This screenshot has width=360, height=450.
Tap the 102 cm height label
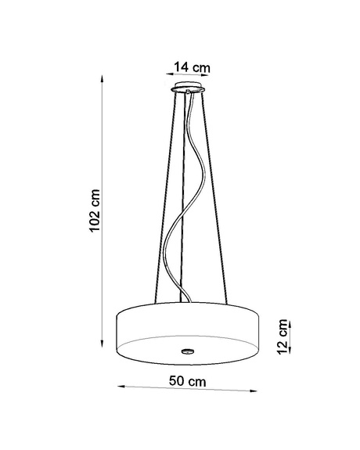[95, 211]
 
